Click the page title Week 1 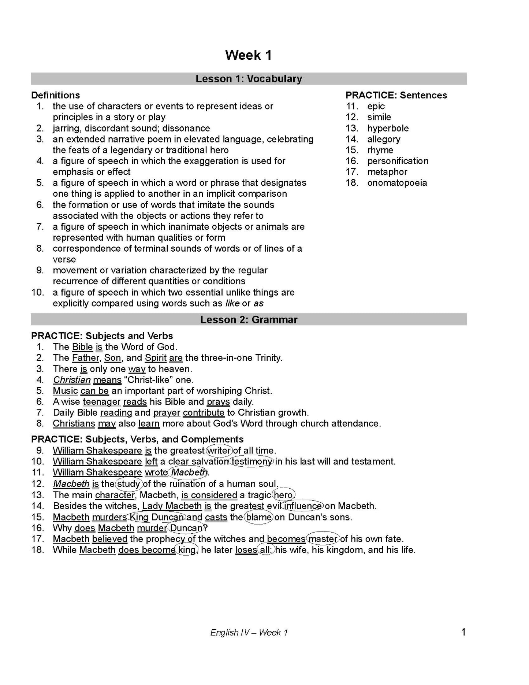point(249,55)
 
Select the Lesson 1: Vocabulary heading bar point(249,79)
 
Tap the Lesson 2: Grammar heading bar point(249,320)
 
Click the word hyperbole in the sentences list point(388,128)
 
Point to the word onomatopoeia point(397,183)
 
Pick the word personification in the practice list point(398,161)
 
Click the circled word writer point(219,451)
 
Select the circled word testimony point(252,462)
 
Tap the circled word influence point(303,506)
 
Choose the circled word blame point(259,517)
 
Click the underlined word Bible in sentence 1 point(82,347)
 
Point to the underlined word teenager point(101,402)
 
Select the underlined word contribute point(204,413)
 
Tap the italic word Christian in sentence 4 point(72,380)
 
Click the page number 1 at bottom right point(463,632)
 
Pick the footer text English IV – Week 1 point(249,633)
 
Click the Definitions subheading point(55,95)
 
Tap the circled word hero point(283,495)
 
